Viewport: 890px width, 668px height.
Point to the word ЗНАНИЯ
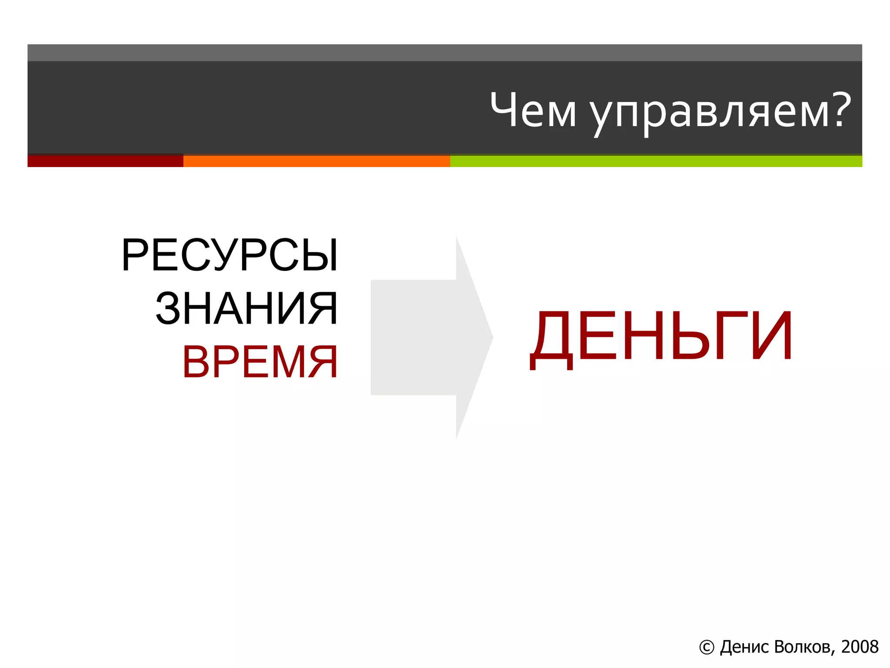[246, 308]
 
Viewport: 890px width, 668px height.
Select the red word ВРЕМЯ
[260, 362]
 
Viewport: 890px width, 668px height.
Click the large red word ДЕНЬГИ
[661, 337]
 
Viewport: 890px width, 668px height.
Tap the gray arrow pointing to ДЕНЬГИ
[430, 337]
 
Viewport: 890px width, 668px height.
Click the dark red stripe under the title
[105, 160]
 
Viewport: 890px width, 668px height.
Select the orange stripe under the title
[316, 161]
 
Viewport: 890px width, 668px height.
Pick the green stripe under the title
[656, 161]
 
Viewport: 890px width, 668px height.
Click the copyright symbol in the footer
[707, 648]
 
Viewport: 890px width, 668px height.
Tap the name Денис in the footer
[744, 647]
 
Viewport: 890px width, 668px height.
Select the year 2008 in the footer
[860, 647]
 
